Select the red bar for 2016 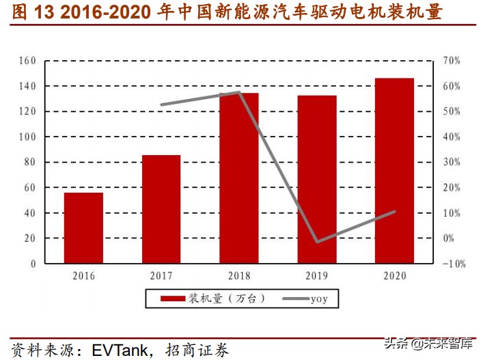(x=83, y=227)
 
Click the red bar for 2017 (x=161, y=209)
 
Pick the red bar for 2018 (x=239, y=178)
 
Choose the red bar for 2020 (x=394, y=171)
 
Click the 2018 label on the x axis (x=239, y=276)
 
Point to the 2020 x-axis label (x=394, y=276)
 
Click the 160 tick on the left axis (x=27, y=61)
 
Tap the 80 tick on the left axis (x=29, y=162)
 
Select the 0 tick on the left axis (x=33, y=263)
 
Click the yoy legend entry (x=319, y=299)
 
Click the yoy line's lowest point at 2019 (x=317, y=241)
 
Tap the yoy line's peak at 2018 (x=239, y=92)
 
